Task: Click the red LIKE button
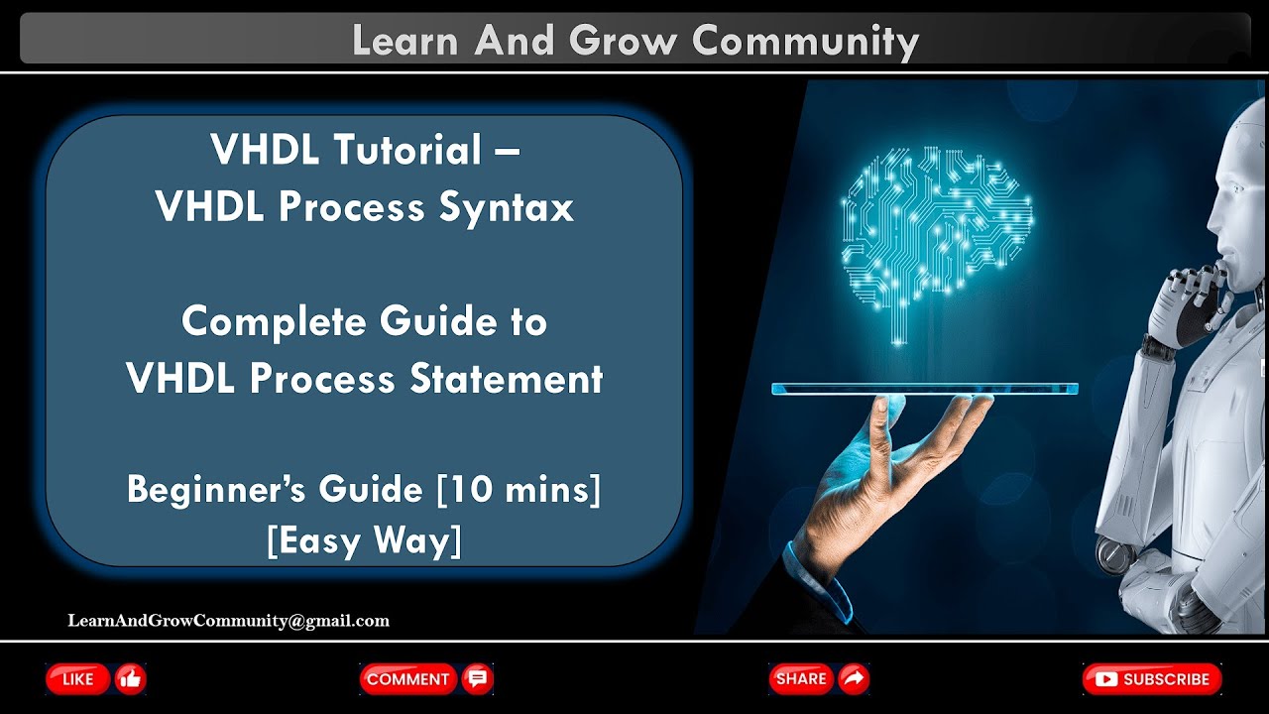click(78, 679)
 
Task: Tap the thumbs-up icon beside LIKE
click(130, 679)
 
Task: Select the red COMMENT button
click(407, 679)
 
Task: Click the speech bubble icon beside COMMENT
click(478, 679)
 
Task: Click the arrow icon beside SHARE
click(853, 679)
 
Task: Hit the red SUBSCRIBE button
click(1152, 679)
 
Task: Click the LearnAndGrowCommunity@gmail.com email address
click(228, 621)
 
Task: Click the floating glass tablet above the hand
click(924, 389)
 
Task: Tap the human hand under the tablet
click(892, 466)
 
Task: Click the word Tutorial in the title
click(407, 150)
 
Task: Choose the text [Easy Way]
click(364, 541)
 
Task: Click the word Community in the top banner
click(805, 41)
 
